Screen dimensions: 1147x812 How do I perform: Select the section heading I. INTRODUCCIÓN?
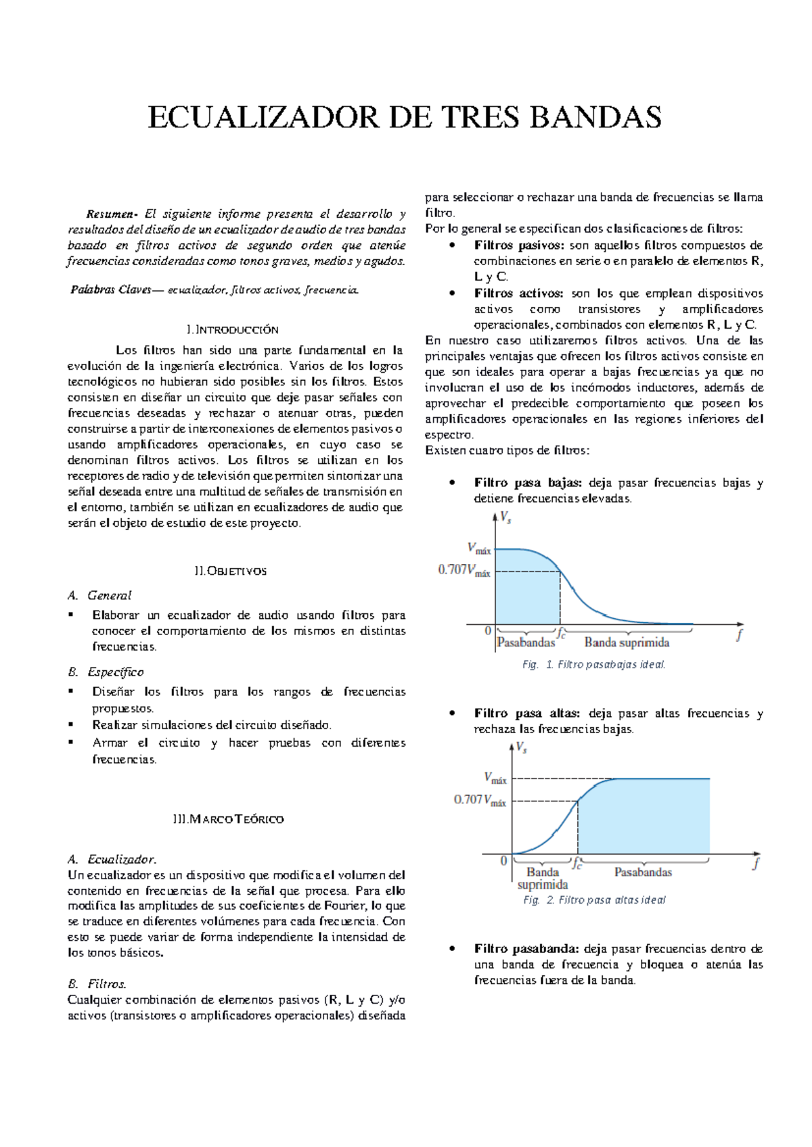(232, 330)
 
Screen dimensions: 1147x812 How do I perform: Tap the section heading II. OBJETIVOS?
(230, 571)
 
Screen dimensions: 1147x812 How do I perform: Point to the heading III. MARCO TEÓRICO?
(228, 820)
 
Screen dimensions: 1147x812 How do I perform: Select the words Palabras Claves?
(111, 290)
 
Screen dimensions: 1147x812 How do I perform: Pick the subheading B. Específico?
(106, 672)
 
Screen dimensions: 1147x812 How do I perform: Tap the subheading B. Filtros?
(97, 984)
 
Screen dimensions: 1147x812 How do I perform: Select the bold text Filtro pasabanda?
(526, 949)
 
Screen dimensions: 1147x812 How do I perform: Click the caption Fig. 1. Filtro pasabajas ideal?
(594, 665)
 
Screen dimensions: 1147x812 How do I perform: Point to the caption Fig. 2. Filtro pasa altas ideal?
(594, 900)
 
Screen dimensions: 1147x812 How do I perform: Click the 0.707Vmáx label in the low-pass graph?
(464, 570)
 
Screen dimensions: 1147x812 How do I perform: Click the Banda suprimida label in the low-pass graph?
(627, 642)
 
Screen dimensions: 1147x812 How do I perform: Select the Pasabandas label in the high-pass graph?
(643, 872)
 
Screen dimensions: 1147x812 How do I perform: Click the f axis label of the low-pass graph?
(739, 635)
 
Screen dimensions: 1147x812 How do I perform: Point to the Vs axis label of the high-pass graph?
(521, 748)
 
